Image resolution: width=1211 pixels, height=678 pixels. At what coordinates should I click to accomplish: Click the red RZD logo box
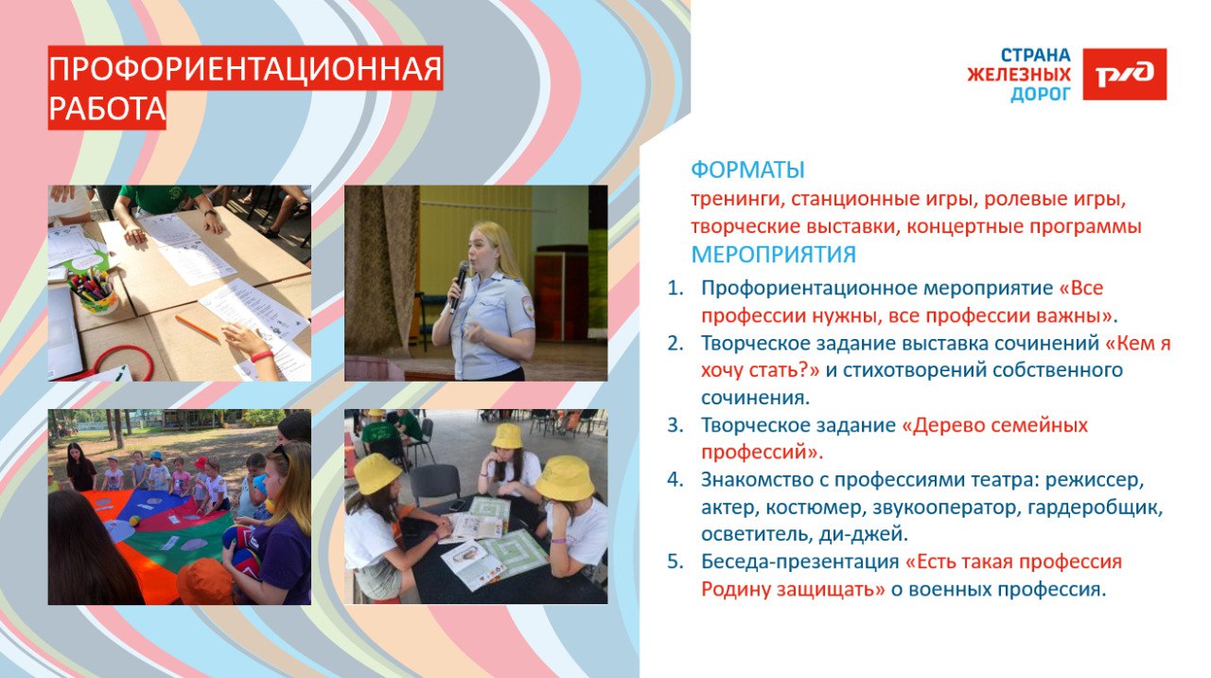(1125, 74)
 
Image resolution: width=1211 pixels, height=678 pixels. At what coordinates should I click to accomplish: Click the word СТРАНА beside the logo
(1035, 55)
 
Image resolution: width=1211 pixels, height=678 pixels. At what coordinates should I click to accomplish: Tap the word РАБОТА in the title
(107, 109)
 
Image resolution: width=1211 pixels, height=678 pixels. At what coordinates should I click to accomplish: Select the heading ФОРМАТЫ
(747, 169)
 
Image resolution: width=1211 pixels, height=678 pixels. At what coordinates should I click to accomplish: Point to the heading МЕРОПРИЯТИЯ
(774, 255)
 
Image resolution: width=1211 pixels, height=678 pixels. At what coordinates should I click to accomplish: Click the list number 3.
(676, 425)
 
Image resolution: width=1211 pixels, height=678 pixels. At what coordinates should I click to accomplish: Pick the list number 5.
(676, 562)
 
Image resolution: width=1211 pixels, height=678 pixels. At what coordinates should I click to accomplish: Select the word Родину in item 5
(736, 589)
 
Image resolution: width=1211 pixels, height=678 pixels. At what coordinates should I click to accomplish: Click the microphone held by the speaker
(460, 286)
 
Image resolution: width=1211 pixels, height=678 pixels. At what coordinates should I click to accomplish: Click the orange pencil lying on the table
(198, 328)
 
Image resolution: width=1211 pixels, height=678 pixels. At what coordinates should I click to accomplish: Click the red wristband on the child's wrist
(262, 357)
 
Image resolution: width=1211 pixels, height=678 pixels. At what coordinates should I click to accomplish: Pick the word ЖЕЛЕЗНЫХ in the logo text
(1019, 75)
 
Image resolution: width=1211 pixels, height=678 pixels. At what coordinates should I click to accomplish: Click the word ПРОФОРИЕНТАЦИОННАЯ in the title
(245, 69)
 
